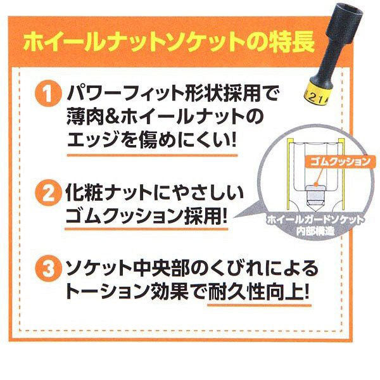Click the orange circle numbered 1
pyautogui.click(x=47, y=93)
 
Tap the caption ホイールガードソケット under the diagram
pyautogui.click(x=315, y=220)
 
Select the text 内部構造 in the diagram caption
pyautogui.click(x=315, y=231)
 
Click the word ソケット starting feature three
pyautogui.click(x=99, y=269)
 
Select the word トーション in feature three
pyautogui.click(x=107, y=292)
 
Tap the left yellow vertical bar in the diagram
pyautogui.click(x=289, y=174)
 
